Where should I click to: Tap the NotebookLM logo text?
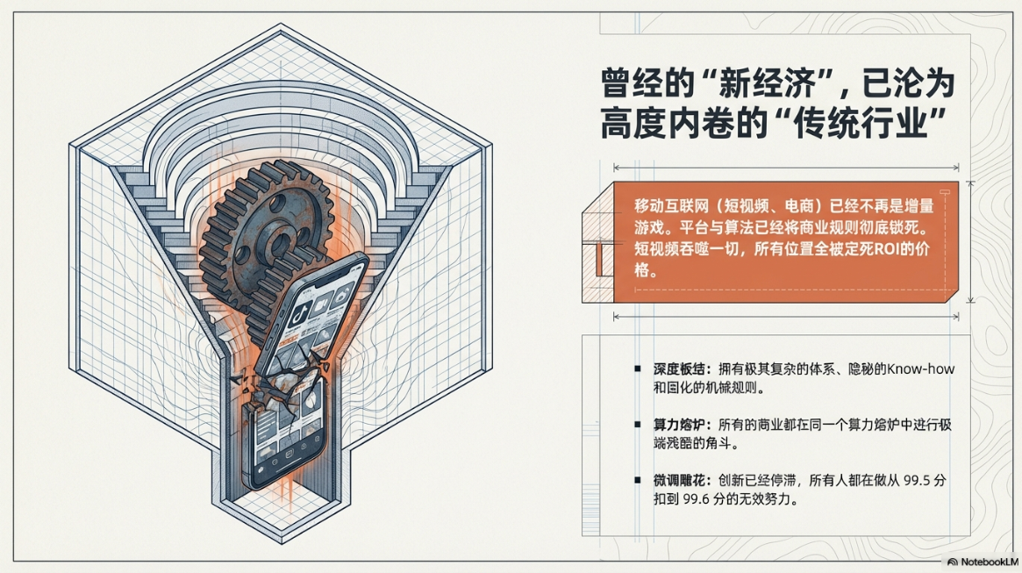(988, 562)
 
